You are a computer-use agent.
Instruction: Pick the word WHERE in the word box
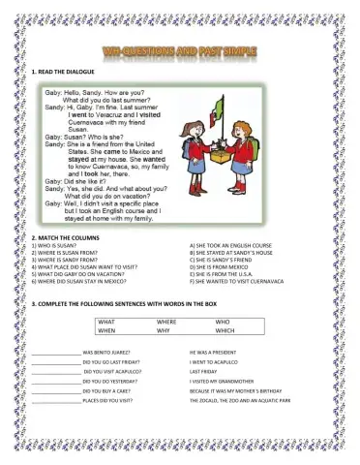(x=166, y=321)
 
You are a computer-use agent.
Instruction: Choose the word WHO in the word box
(x=223, y=321)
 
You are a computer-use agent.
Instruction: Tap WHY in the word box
(x=164, y=330)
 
